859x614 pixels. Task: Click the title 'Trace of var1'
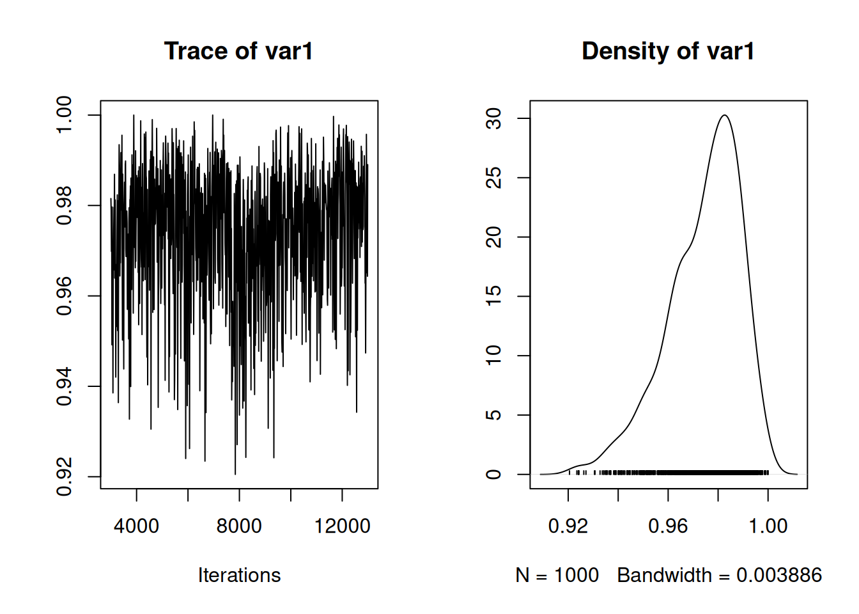tap(238, 51)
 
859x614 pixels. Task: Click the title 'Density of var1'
tap(668, 51)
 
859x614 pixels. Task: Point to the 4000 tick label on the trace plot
tap(136, 526)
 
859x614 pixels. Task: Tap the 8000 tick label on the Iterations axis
tap(239, 526)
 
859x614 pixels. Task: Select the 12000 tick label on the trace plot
tap(342, 526)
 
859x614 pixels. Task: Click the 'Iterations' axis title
tap(239, 575)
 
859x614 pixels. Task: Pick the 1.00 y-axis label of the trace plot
tap(65, 115)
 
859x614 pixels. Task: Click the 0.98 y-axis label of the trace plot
tap(65, 205)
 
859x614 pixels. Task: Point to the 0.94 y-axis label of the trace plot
tap(65, 386)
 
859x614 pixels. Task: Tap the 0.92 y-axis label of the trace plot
tap(65, 476)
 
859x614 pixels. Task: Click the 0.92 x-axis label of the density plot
tap(568, 526)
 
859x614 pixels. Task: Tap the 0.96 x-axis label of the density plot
tap(668, 526)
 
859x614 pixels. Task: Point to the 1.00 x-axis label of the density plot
tap(768, 526)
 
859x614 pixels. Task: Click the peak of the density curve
tap(724, 116)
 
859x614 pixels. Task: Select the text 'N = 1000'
tap(557, 575)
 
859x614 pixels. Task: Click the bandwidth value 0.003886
tap(779, 575)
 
